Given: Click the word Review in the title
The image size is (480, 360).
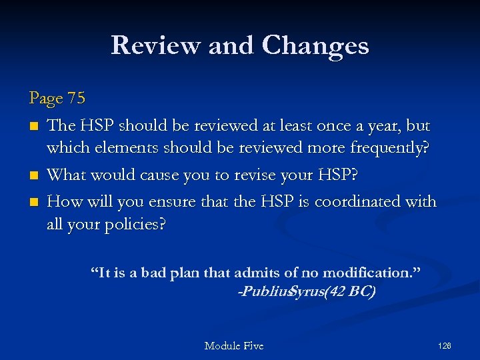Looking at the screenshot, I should click(155, 45).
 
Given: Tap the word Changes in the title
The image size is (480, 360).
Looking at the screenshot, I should click(315, 45).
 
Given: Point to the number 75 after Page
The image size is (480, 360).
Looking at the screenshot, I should click(76, 99).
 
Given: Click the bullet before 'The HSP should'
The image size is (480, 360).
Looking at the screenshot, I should click(33, 126).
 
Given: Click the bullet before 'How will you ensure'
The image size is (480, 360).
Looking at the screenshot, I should click(33, 202).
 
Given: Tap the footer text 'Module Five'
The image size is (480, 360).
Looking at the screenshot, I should click(234, 345).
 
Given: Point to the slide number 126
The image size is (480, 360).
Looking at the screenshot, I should click(445, 345).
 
